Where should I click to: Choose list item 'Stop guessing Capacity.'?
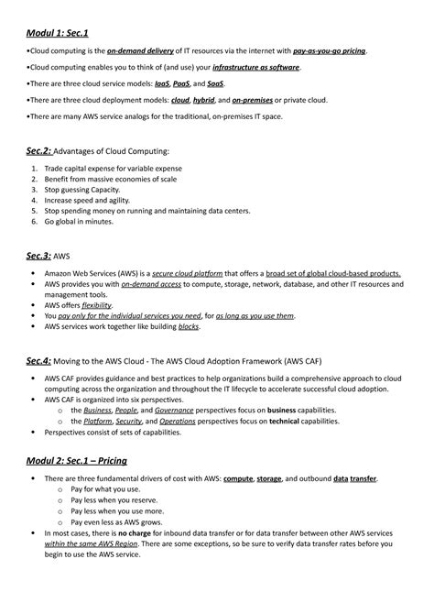pyautogui.click(x=88, y=190)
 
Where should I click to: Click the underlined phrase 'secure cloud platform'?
pyautogui.click(x=206, y=274)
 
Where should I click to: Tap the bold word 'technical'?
pyautogui.click(x=277, y=422)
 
